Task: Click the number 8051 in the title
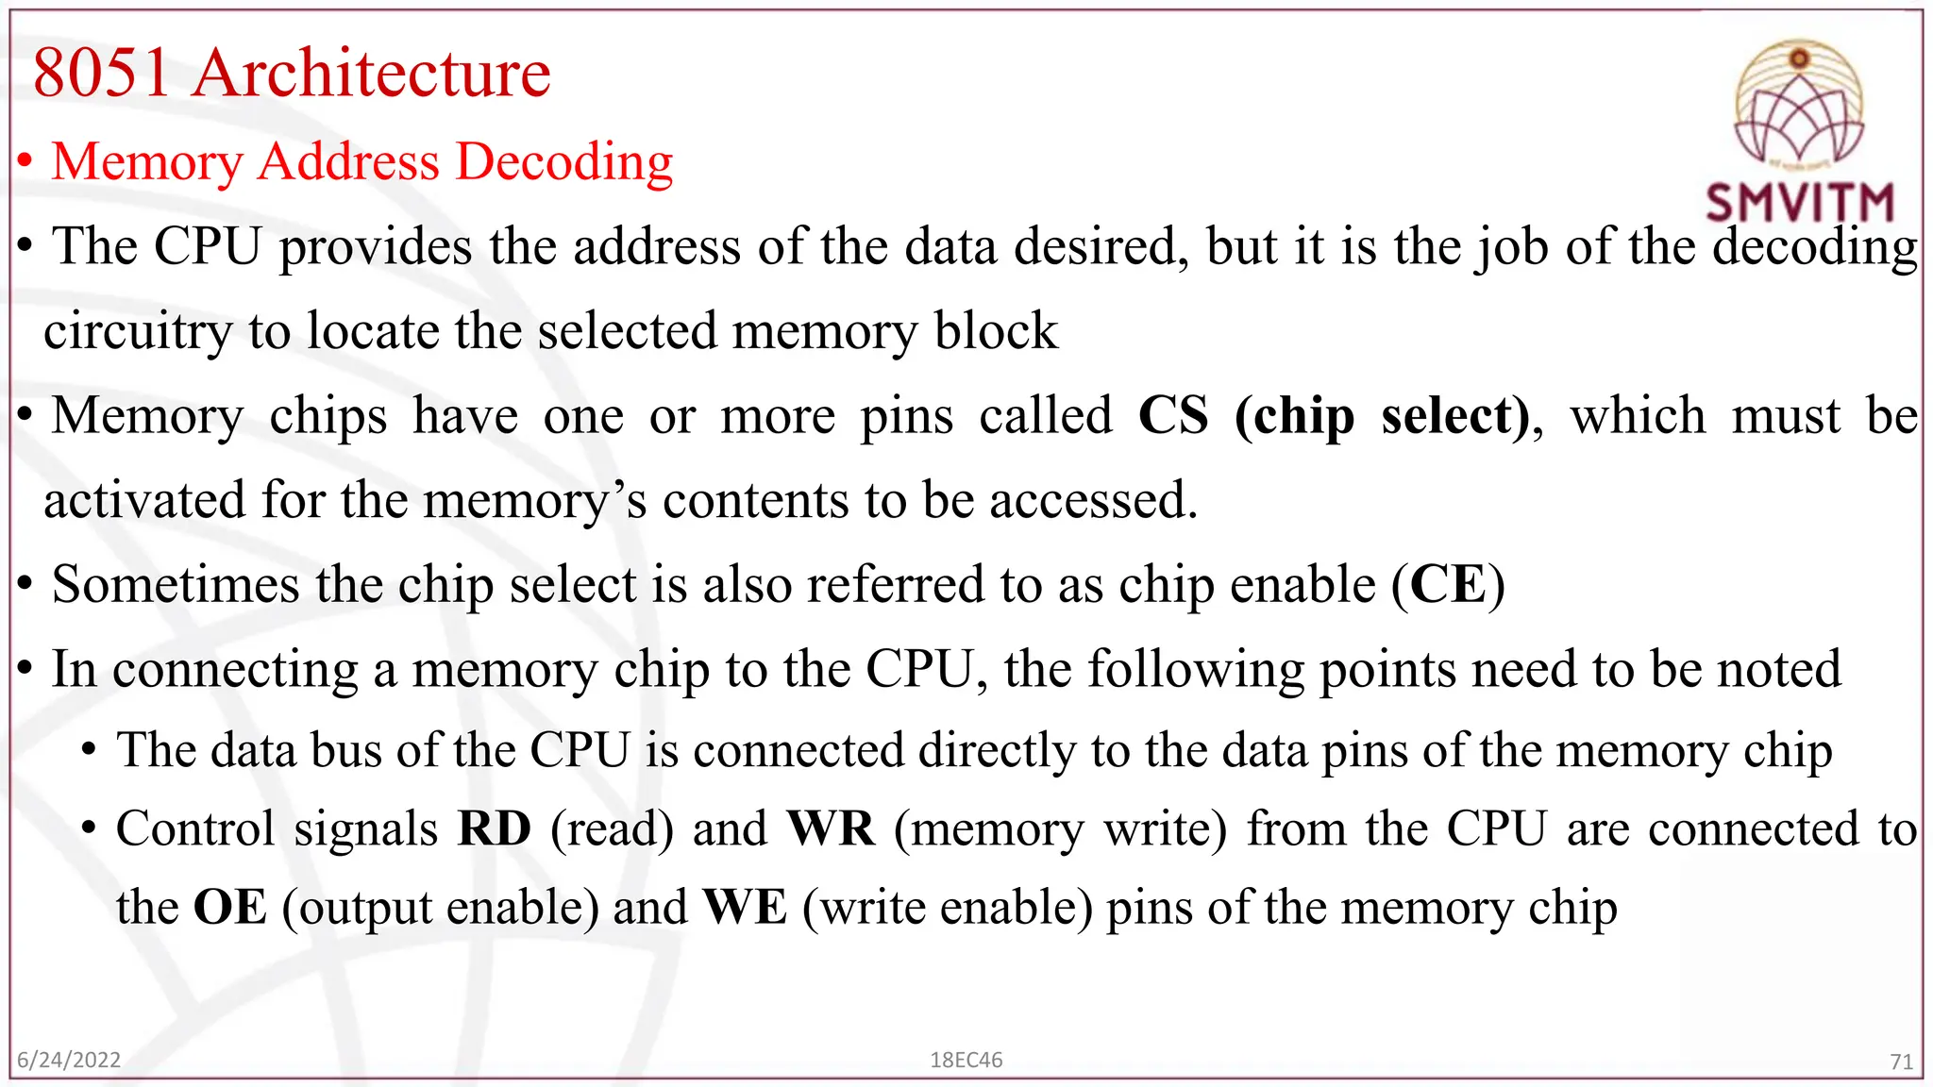click(102, 74)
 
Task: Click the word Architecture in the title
click(372, 74)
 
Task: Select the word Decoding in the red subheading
click(564, 162)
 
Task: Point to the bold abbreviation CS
click(1173, 416)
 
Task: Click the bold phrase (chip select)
click(1382, 416)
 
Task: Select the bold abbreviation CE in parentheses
click(1448, 585)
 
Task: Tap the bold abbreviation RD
click(494, 829)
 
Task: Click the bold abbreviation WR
click(831, 829)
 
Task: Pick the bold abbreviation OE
click(229, 908)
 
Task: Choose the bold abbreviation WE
click(745, 908)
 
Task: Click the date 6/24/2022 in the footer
click(69, 1060)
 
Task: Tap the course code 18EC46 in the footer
click(966, 1060)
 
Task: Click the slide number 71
click(1901, 1062)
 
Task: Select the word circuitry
click(138, 332)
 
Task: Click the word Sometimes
click(176, 585)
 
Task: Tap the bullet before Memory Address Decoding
click(26, 162)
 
